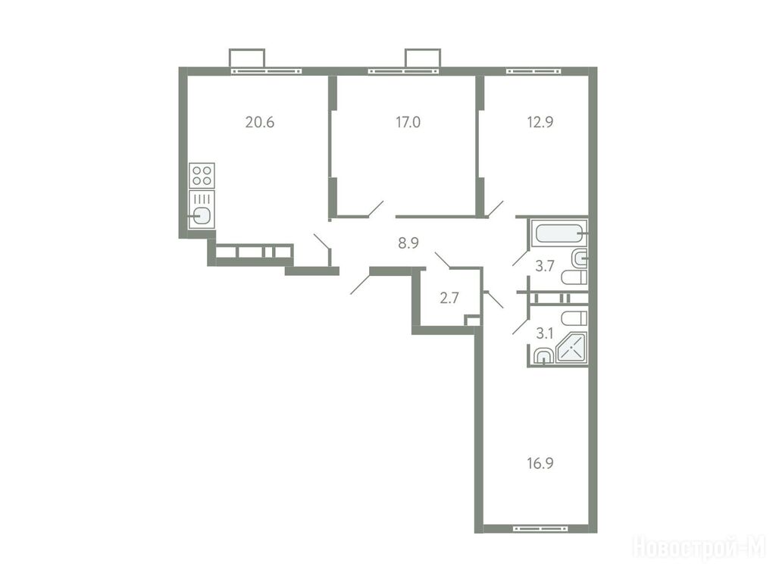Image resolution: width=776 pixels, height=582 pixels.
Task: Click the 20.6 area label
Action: [260, 122]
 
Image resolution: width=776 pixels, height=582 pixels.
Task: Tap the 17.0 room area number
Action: [408, 122]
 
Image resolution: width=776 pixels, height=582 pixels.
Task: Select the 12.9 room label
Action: [540, 122]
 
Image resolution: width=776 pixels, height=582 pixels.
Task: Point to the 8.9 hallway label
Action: [408, 243]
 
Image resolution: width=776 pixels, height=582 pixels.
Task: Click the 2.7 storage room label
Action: [449, 298]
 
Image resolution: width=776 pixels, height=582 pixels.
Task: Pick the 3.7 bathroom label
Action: [544, 266]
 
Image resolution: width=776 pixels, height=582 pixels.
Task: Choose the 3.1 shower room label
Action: [544, 333]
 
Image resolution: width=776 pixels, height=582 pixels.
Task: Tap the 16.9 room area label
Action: [540, 463]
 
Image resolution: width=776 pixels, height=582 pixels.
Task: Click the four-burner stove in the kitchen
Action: [202, 175]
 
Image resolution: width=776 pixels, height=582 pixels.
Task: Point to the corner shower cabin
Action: [571, 349]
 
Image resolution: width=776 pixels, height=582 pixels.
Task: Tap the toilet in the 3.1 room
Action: [574, 318]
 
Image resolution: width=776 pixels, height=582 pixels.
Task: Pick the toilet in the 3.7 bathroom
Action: [574, 277]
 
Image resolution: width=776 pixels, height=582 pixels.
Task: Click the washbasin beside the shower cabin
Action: [543, 356]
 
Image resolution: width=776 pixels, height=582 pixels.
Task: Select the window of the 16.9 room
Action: [540, 528]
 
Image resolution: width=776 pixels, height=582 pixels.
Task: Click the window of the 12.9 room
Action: [533, 71]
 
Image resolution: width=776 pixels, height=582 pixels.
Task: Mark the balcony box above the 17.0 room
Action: [423, 58]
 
